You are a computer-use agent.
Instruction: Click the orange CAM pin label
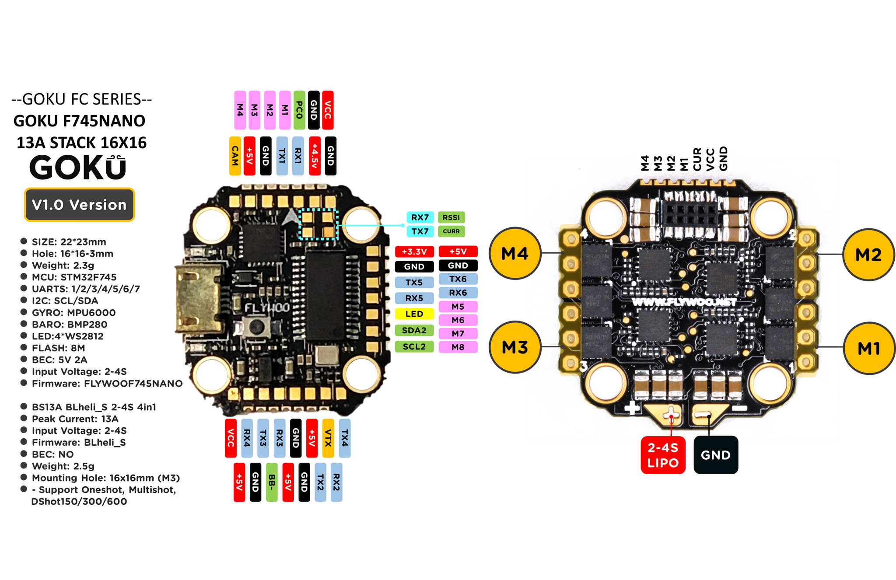[x=235, y=156]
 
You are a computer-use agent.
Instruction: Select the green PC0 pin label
[x=299, y=110]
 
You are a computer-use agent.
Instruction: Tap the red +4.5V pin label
[x=315, y=156]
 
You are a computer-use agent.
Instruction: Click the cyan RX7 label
[x=420, y=217]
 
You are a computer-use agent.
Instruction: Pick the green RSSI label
[x=451, y=217]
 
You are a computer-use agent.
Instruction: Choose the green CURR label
[x=451, y=231]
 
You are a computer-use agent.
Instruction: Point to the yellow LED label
[x=414, y=314]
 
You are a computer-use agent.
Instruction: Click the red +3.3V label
[x=414, y=252]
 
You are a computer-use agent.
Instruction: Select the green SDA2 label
[x=414, y=330]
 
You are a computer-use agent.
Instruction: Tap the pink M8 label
[x=458, y=347]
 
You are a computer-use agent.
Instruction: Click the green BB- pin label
[x=272, y=482]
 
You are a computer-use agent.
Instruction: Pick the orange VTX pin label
[x=328, y=438]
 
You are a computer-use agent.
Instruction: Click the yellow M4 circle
[x=514, y=254]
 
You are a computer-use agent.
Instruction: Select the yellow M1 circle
[x=868, y=349]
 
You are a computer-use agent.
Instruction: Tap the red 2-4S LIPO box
[x=663, y=455]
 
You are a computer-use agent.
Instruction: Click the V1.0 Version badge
[x=79, y=205]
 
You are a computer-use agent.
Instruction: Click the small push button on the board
[x=256, y=326]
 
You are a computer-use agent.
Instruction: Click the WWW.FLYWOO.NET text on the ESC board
[x=684, y=302]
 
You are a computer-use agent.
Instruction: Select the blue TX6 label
[x=458, y=279]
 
